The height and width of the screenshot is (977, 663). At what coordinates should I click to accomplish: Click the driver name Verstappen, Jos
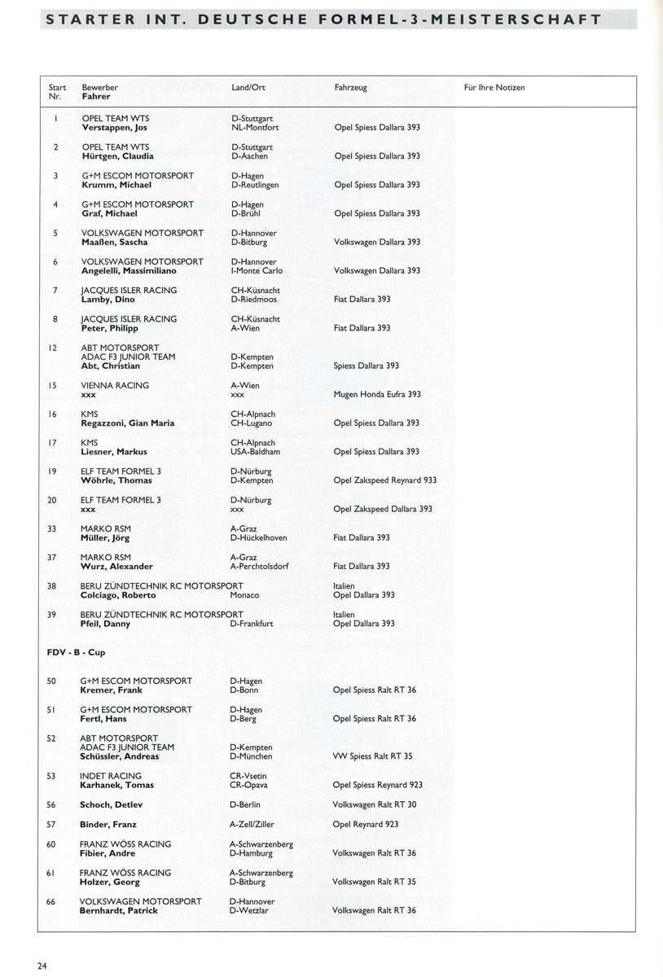[115, 128]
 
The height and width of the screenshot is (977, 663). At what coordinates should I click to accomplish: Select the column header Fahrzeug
[350, 88]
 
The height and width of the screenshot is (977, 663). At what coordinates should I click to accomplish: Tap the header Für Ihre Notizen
[494, 88]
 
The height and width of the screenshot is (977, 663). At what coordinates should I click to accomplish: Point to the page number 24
[42, 966]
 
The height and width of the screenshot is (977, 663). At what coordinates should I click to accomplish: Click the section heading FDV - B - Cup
[75, 652]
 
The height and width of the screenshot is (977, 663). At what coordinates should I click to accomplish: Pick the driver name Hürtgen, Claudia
[118, 156]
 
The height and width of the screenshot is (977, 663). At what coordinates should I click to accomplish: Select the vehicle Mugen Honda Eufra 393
[377, 395]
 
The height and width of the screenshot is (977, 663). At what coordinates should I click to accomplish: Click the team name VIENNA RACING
[115, 385]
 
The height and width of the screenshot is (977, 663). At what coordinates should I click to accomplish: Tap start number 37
[52, 557]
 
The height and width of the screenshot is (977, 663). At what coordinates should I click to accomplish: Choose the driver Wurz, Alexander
[116, 567]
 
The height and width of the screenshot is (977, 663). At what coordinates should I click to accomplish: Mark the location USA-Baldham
[256, 452]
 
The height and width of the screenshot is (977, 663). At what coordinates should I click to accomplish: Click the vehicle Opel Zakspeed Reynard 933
[384, 480]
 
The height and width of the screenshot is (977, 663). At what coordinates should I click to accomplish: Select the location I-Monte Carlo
[257, 271]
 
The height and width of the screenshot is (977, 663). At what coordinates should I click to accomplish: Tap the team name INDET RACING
[111, 776]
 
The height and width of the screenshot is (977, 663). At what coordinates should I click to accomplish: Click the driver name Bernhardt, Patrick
[118, 911]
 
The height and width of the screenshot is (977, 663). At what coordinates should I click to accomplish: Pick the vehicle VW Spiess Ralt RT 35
[372, 756]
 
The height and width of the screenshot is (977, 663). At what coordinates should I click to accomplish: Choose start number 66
[50, 901]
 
